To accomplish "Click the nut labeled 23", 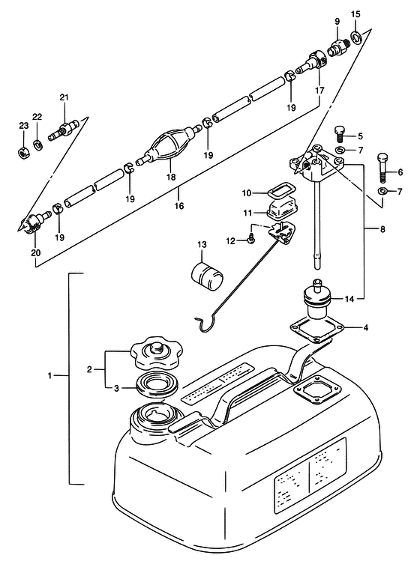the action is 23,152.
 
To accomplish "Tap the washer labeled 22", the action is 37,145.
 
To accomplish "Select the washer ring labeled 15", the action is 356,37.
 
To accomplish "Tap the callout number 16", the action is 179,206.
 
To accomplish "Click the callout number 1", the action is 50,375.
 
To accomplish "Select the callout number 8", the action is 382,228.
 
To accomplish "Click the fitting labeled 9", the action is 337,46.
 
